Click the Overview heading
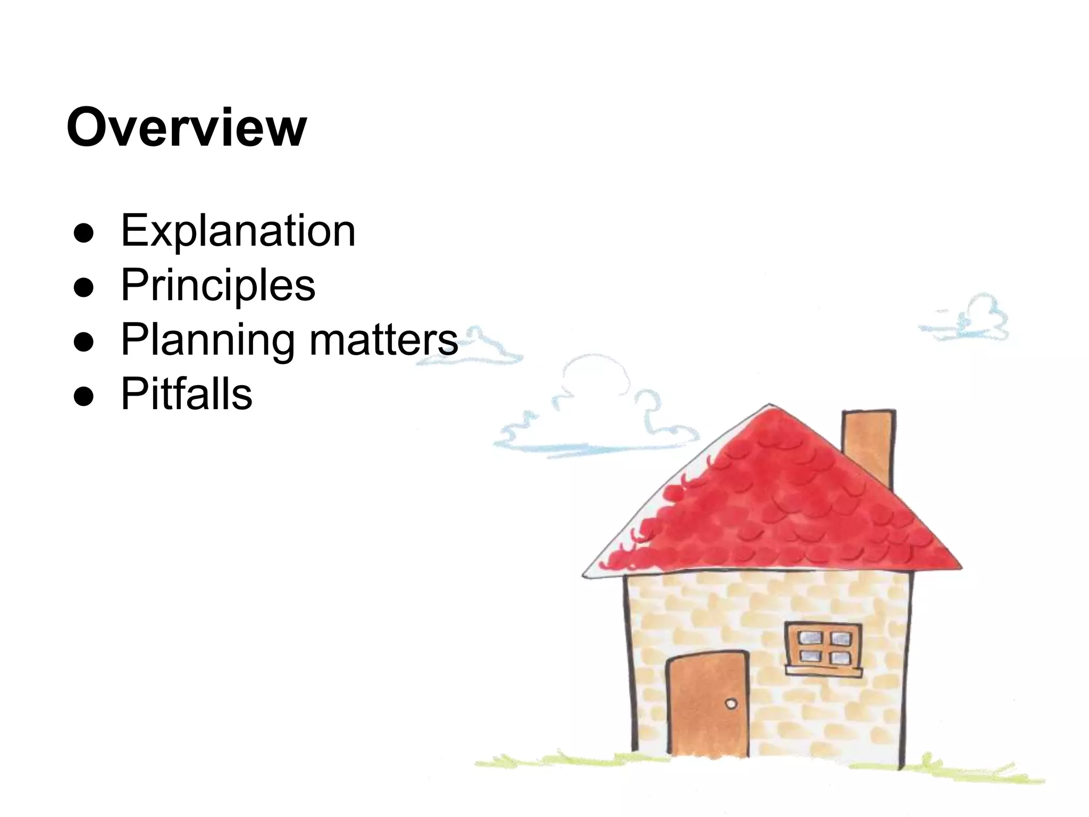(187, 128)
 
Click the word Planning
(207, 340)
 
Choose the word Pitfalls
(187, 394)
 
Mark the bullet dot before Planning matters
(84, 341)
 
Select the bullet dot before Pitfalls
(84, 396)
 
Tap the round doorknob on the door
(731, 704)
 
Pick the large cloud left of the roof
(596, 415)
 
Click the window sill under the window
(824, 671)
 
